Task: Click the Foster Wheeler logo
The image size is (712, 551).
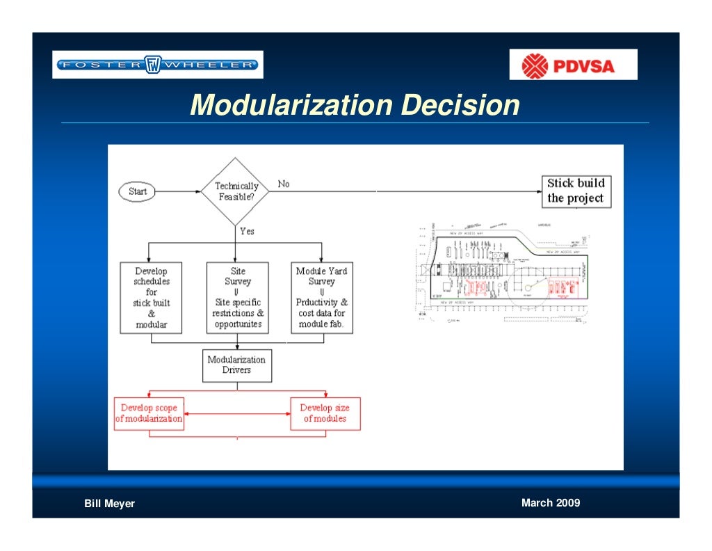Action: coord(158,65)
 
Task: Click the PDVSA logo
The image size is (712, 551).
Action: coord(573,65)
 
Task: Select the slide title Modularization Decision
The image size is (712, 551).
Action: coord(355,105)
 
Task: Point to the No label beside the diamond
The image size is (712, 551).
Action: coord(284,184)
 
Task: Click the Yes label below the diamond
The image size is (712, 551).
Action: coord(247,231)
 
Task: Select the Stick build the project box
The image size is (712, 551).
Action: coord(576,191)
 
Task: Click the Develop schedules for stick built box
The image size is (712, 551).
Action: coord(152,298)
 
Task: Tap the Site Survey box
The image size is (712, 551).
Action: coord(238,298)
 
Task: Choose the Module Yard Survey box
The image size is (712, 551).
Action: coord(321,298)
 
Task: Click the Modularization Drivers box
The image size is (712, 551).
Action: coord(236,365)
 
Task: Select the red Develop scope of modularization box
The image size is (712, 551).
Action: coord(149,413)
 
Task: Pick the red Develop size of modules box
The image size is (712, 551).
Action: coord(325,413)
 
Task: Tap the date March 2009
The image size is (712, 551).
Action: coord(550,503)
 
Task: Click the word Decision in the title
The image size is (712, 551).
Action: coord(461,105)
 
